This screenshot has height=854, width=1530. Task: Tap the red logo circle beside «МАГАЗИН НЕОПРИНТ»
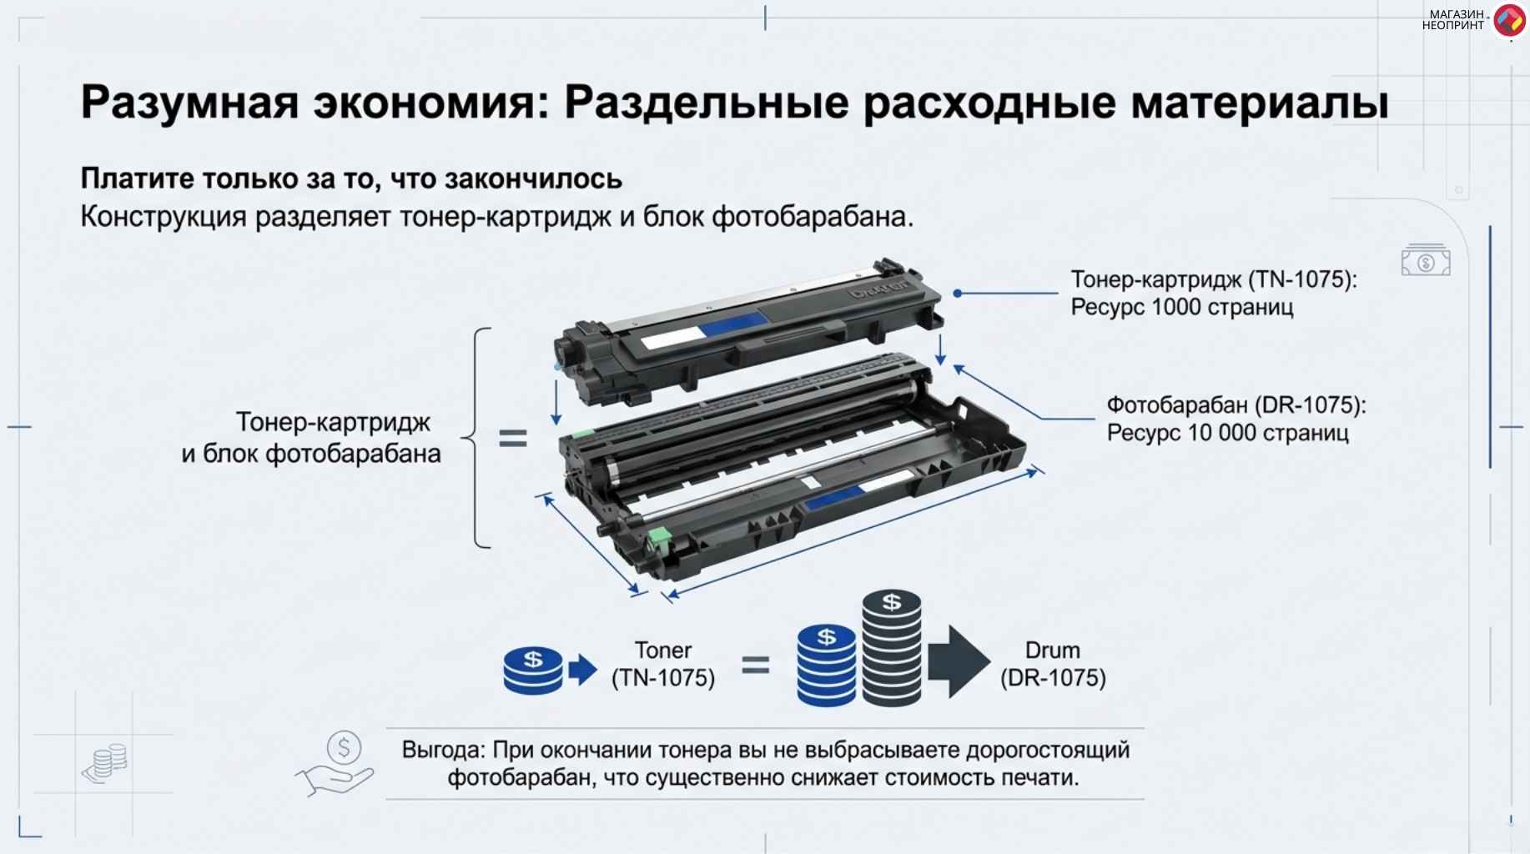(1508, 21)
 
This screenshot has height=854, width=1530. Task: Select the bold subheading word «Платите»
(137, 178)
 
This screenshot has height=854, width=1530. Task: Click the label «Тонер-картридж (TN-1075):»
(1214, 279)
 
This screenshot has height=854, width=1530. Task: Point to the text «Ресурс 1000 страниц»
(1182, 307)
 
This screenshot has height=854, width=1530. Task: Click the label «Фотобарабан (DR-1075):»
(1236, 405)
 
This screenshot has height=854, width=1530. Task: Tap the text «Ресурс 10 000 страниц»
(1228, 433)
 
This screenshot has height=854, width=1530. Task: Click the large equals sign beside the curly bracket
(513, 438)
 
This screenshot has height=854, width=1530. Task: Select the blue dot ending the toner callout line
(958, 294)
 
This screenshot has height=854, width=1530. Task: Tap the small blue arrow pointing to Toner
(583, 670)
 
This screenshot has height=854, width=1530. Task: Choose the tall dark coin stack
(892, 648)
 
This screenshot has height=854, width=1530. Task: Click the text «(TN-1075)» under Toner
(663, 678)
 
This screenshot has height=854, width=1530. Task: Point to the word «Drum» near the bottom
(1053, 651)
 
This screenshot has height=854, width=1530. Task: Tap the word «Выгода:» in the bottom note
(443, 750)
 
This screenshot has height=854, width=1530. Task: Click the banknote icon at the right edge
(1426, 261)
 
